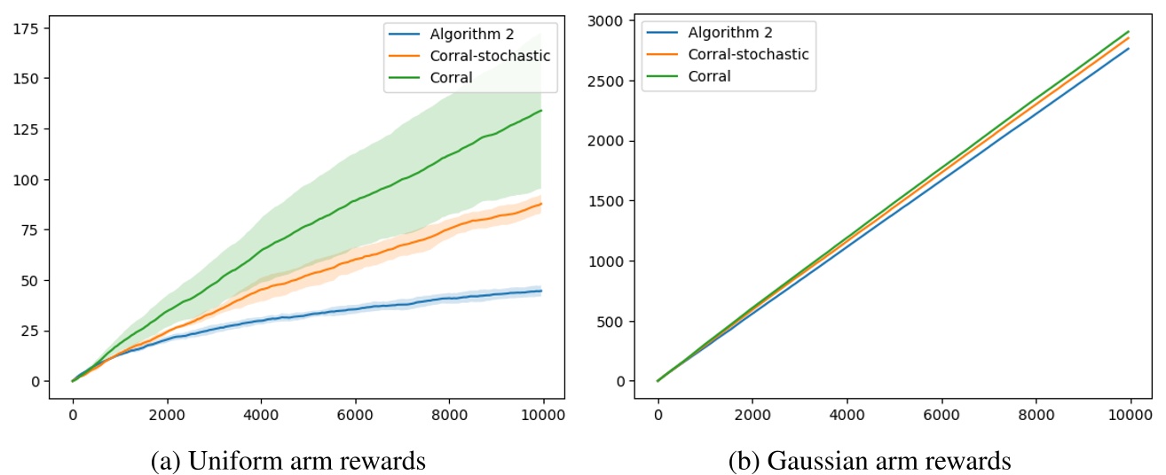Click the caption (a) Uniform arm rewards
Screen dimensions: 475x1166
[x=288, y=461]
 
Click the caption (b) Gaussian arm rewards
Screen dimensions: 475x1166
[x=870, y=461]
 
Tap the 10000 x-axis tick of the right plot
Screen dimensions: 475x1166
[x=1129, y=414]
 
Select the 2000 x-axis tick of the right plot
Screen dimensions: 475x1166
[x=752, y=414]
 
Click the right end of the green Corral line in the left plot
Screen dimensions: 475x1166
[x=541, y=111]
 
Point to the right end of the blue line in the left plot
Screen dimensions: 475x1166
[x=541, y=291]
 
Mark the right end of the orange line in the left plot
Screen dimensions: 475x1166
[x=541, y=204]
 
